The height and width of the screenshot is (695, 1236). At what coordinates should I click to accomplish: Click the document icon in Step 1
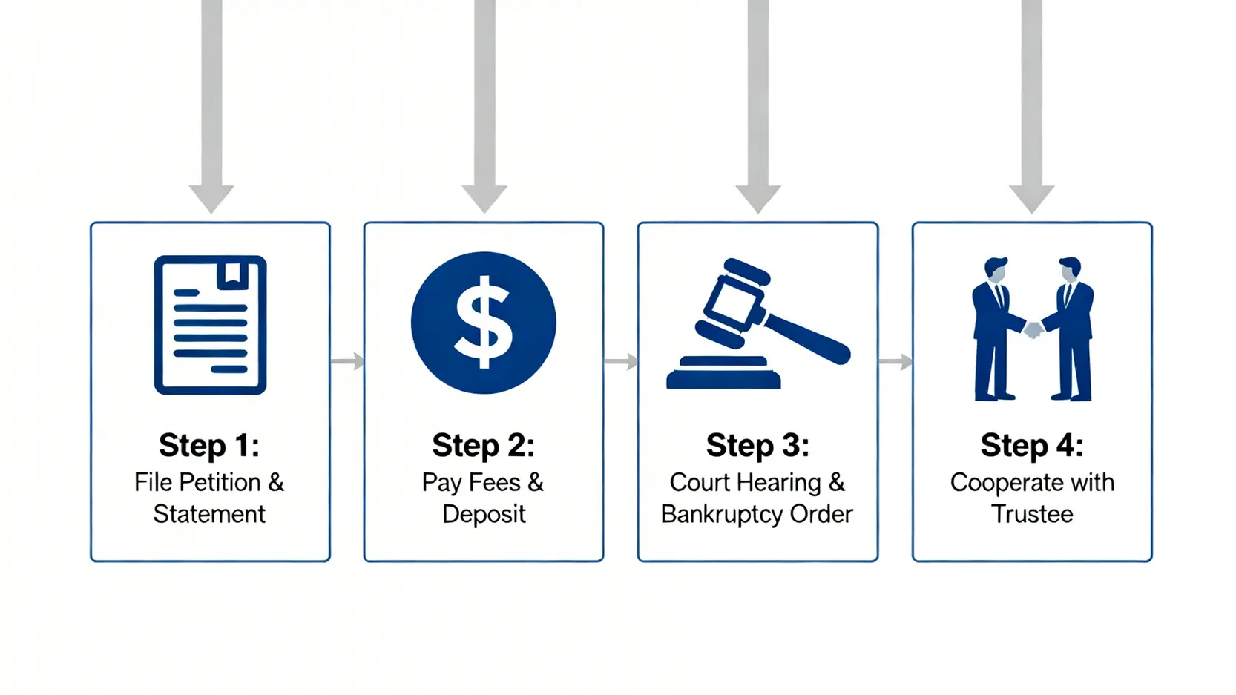(x=210, y=325)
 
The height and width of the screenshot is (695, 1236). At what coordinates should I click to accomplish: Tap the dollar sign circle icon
(x=483, y=323)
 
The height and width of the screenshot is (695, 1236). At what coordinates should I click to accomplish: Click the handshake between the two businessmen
(x=1032, y=329)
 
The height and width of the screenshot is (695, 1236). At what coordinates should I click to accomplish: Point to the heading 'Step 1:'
(x=209, y=445)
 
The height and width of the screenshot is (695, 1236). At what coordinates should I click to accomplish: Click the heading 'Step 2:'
(x=483, y=445)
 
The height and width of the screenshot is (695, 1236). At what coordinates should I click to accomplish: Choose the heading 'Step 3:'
(x=757, y=445)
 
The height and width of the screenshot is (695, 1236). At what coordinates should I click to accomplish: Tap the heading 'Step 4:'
(x=1031, y=445)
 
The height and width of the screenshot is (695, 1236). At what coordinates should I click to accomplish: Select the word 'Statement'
(x=209, y=514)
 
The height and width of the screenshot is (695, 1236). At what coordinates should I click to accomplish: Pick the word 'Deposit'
(x=484, y=514)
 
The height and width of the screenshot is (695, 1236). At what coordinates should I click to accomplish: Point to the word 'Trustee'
(x=1032, y=514)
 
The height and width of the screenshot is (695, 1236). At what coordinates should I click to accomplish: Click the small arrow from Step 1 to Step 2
(x=347, y=362)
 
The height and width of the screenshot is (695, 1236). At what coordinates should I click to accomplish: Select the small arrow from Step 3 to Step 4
(x=895, y=362)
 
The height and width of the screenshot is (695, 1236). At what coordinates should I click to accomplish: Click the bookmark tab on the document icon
(x=232, y=274)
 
